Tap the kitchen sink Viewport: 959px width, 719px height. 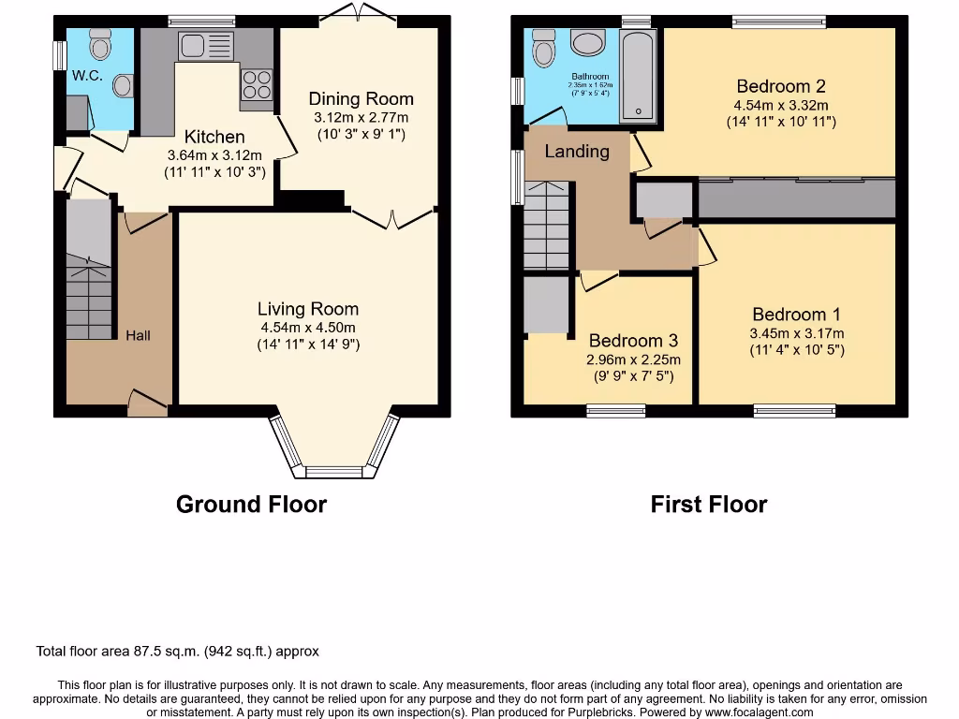[x=204, y=45]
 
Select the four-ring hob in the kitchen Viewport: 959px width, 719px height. [x=258, y=85]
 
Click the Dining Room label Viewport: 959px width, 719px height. [x=361, y=99]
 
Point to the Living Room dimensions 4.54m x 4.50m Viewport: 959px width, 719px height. [x=308, y=327]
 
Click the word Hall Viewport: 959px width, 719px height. [x=138, y=335]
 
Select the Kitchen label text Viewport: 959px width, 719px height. [x=214, y=137]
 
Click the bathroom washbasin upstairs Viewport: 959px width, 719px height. [x=589, y=43]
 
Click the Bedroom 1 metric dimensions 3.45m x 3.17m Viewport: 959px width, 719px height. [x=796, y=333]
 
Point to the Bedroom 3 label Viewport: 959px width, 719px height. [x=633, y=341]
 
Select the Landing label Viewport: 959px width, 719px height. [x=577, y=152]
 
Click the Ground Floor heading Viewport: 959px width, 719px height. [x=251, y=505]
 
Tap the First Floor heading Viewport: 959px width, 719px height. [x=709, y=505]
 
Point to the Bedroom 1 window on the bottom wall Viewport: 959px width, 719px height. [x=794, y=409]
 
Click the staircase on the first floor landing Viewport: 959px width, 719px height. [x=546, y=225]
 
